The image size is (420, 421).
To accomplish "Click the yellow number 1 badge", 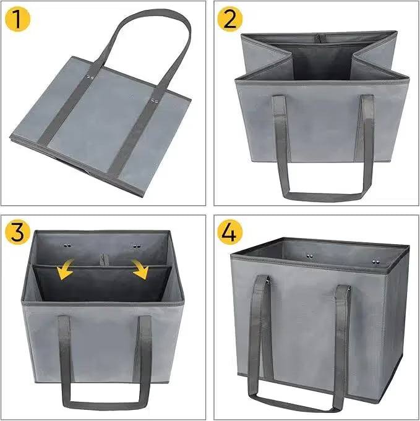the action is coord(17,19).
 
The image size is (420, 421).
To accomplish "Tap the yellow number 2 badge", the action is coord(229,19).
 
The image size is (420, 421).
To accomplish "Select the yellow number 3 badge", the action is coord(17,232).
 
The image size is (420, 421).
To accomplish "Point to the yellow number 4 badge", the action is coord(229,232).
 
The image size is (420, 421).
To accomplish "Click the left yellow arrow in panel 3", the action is coord(66,270).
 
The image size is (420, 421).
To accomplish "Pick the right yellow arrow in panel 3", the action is coord(140,270).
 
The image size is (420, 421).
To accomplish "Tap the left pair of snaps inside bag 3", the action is coord(67,245).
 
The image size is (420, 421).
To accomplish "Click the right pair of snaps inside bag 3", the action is coord(137,245).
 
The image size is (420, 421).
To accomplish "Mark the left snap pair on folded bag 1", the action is coord(90,78).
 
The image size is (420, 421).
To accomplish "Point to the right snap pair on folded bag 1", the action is coord(154,101).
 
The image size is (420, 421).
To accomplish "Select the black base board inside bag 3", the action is coord(102,284).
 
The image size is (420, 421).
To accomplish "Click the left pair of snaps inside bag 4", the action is coord(309,256).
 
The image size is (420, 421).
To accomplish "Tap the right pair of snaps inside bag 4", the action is coord(376,261).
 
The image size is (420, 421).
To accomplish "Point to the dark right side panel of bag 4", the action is coord(398,322).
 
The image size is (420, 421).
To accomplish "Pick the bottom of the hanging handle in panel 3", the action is coord(105,405).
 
